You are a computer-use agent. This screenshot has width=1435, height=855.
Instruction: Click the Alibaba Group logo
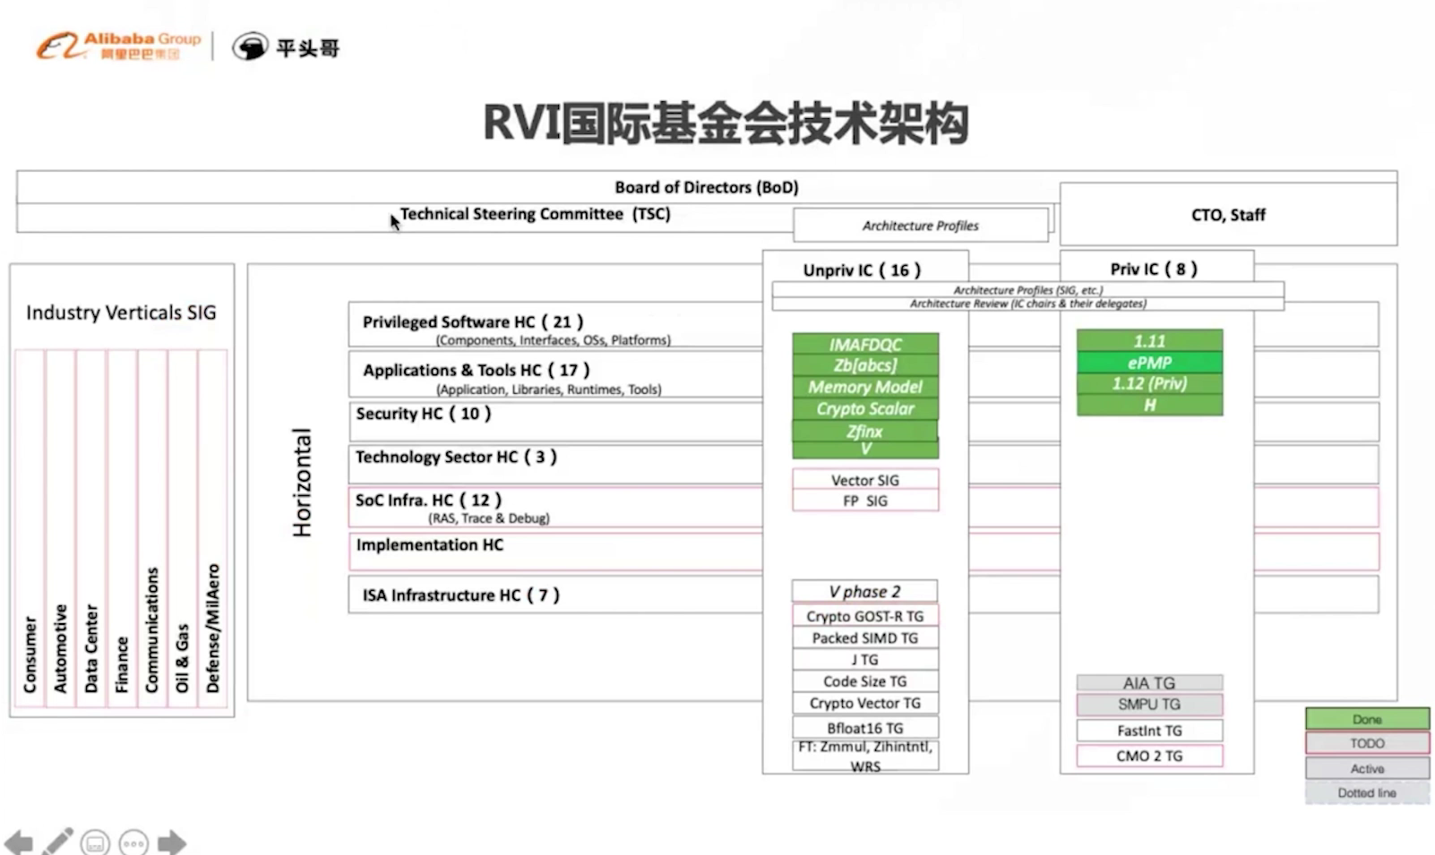118,46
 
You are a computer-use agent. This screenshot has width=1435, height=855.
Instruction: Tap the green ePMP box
1149,363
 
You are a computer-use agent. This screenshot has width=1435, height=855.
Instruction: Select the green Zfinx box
864,431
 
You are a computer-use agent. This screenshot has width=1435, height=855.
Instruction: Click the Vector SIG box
864,480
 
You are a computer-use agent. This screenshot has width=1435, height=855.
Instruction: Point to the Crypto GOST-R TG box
864,616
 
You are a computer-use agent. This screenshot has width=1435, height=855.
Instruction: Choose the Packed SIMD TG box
864,637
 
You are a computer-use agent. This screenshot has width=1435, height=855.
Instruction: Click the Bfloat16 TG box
864,728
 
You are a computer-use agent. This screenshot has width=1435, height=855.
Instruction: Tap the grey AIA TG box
1149,683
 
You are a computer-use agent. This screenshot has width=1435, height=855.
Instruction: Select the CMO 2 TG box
1149,756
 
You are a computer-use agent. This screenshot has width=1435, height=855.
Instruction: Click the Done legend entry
1367,719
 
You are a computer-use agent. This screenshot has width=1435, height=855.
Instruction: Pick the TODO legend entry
1367,743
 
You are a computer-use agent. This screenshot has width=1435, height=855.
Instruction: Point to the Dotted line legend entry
1367,792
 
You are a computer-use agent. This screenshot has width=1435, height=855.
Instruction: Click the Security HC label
424,414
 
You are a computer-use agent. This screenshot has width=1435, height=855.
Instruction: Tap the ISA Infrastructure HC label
460,595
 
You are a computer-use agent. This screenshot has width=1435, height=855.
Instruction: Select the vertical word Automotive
61,648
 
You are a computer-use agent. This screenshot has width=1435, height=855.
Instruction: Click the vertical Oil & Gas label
183,657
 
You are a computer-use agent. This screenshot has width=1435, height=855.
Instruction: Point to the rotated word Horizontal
303,483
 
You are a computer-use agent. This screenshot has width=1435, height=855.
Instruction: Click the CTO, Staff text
1228,215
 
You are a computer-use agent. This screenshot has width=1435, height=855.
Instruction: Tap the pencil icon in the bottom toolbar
57,842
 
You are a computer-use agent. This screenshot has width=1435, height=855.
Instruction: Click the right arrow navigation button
171,842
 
